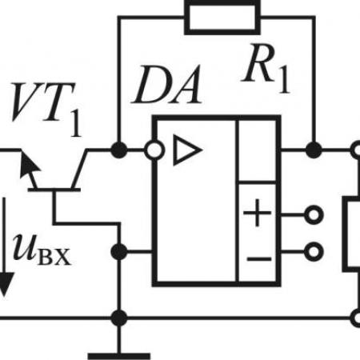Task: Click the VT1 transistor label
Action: tap(46, 110)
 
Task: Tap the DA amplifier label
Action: tap(166, 85)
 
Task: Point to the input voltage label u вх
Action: tap(42, 250)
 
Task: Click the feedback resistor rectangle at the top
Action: tap(222, 18)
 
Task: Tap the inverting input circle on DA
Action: tap(154, 150)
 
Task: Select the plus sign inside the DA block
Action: tap(257, 213)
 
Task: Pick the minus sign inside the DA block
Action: tap(258, 258)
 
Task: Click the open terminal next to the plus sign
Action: tap(314, 214)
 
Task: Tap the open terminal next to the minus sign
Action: tap(314, 251)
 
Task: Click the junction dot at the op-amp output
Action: tap(314, 150)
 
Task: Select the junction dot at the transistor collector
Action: tap(119, 150)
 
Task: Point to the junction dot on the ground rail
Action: tap(119, 318)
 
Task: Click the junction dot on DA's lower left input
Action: tap(119, 252)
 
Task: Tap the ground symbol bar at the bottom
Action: tap(119, 356)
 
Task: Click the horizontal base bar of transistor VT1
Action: tap(54, 190)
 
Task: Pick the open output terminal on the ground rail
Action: tap(356, 318)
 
